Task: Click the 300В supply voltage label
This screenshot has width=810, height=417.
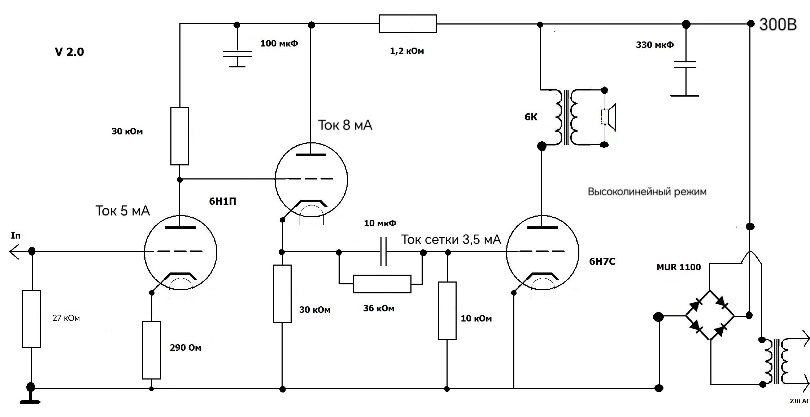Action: (778, 25)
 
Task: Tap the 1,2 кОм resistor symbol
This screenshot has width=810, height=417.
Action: (408, 24)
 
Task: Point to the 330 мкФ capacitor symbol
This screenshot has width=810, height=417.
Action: (685, 65)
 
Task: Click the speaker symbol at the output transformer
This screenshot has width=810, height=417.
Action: (609, 117)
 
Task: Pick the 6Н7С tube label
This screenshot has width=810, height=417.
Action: (602, 261)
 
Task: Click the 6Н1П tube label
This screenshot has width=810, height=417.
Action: (223, 201)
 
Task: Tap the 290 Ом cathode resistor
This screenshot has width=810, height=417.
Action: (152, 350)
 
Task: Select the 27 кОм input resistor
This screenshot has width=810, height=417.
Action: (31, 319)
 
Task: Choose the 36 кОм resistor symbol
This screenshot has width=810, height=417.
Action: (382, 284)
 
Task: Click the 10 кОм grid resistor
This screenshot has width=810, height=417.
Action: (447, 310)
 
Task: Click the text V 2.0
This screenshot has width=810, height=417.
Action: (69, 52)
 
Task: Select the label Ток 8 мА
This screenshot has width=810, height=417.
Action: (345, 125)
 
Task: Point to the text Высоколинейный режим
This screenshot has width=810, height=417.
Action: (647, 191)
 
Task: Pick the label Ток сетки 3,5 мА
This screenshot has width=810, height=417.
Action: (451, 239)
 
